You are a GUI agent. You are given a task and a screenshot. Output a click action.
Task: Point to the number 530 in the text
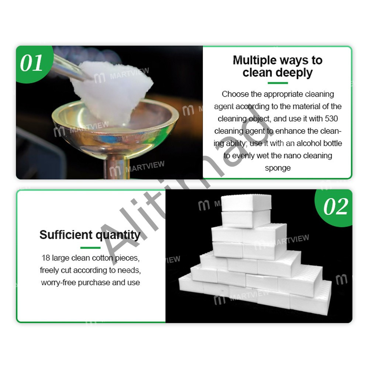tap(331, 118)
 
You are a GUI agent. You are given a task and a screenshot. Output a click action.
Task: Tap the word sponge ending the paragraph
tap(278, 168)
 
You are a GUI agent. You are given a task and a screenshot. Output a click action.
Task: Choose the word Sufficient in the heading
tap(66, 235)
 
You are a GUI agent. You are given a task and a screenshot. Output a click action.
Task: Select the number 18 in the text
tap(46, 258)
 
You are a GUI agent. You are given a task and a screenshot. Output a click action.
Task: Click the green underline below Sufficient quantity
tap(90, 248)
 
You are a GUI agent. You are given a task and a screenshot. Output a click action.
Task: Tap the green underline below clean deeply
tap(278, 83)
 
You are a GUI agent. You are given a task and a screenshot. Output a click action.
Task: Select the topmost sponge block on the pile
tap(246, 202)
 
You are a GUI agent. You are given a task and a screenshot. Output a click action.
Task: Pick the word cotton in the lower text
tap(103, 258)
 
